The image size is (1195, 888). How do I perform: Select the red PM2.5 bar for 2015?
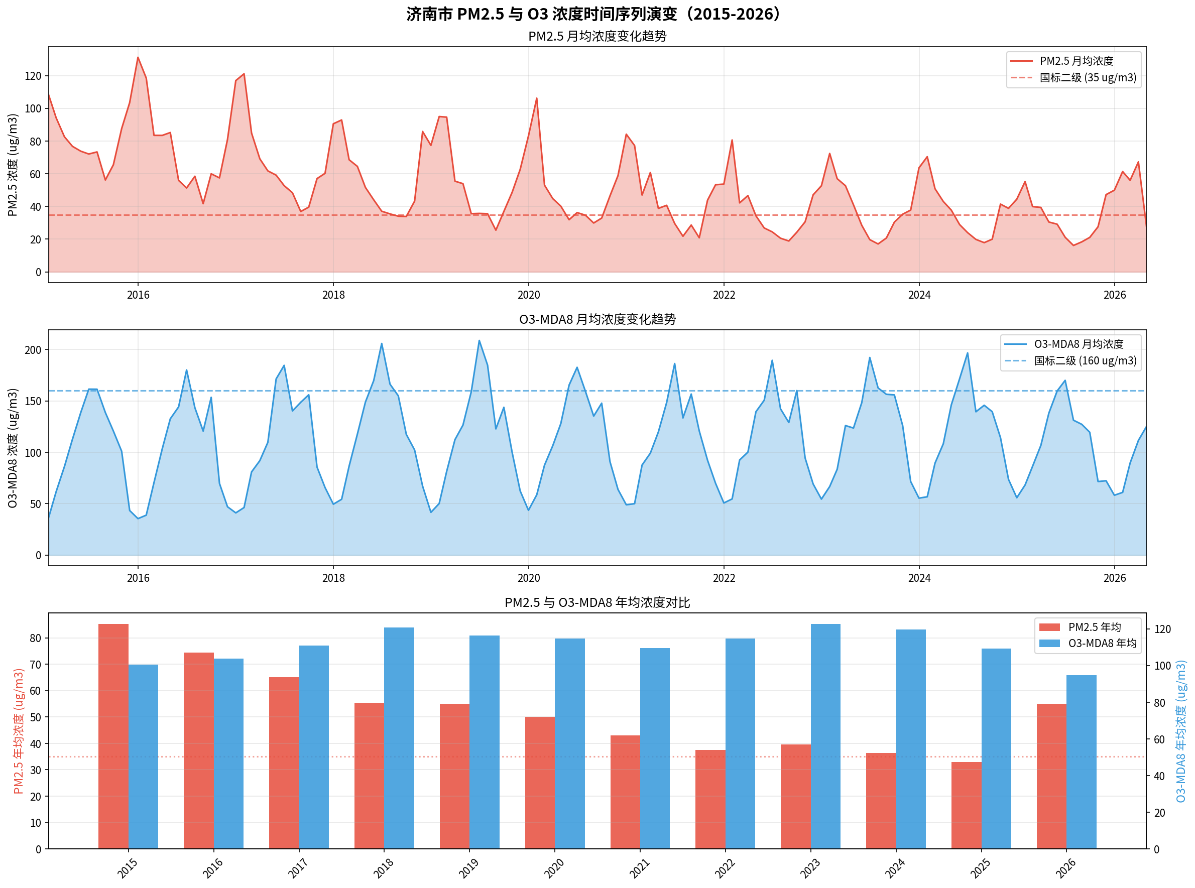tap(113, 736)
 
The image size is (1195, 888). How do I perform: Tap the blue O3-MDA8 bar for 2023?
tap(825, 736)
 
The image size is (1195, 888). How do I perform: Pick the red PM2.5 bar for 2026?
tap(1051, 776)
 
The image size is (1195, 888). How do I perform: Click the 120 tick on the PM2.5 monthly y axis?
tap(33, 76)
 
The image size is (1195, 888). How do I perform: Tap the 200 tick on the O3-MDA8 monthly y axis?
tap(33, 350)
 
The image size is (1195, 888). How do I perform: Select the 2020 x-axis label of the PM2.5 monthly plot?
tap(528, 295)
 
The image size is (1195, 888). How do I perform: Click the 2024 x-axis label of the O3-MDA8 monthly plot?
tap(919, 578)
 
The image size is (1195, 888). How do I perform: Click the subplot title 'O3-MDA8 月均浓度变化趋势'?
tap(596, 319)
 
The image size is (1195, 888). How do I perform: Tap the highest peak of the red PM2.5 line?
tap(138, 58)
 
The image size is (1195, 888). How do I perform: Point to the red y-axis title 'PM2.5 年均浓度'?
tap(18, 731)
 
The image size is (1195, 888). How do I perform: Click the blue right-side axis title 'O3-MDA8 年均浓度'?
tap(1180, 731)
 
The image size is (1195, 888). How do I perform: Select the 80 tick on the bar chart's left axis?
tap(36, 639)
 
